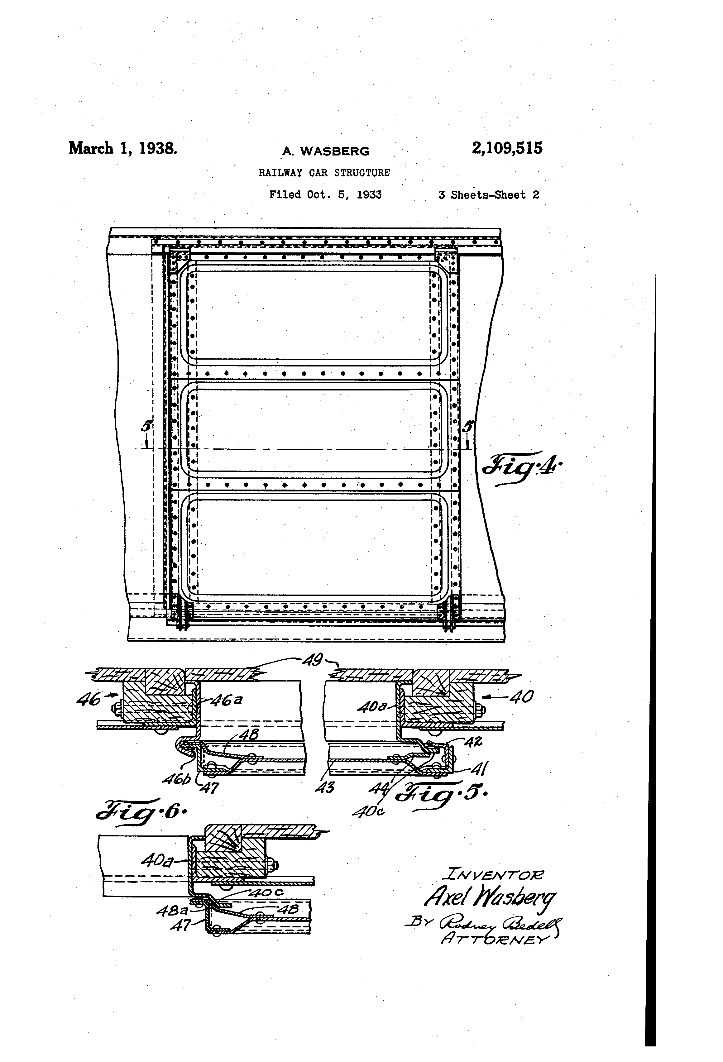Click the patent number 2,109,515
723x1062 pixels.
click(x=507, y=149)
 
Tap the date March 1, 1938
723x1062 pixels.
click(x=122, y=149)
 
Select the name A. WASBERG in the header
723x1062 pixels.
click(x=326, y=151)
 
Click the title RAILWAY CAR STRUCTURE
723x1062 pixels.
click(x=324, y=173)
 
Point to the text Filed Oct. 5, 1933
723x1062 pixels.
click(x=325, y=195)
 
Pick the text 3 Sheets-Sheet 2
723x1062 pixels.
click(x=489, y=195)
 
